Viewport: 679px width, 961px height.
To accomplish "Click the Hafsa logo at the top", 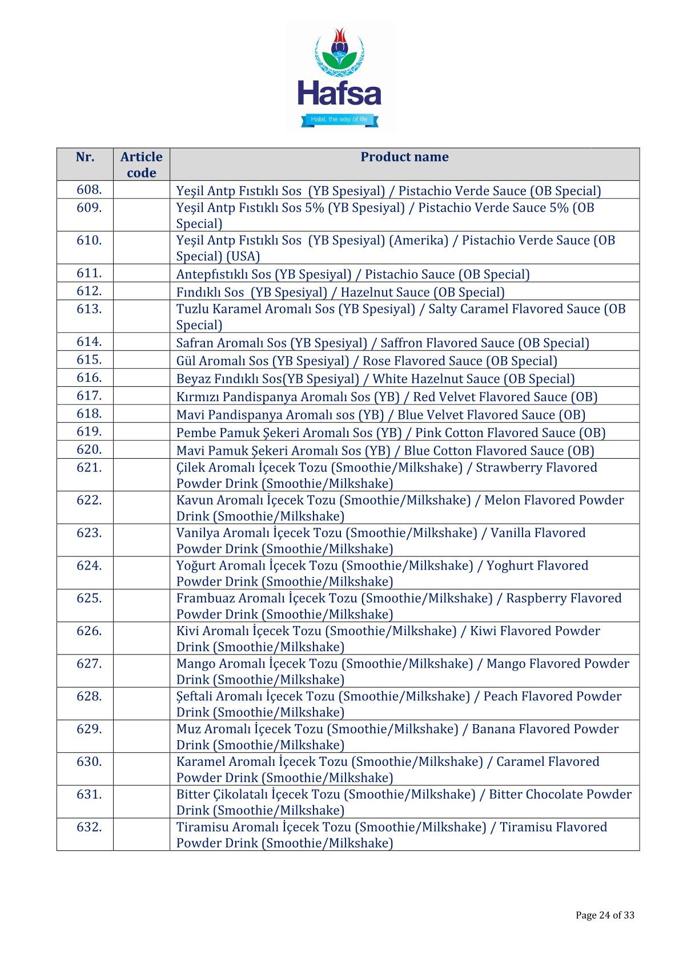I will point(339,77).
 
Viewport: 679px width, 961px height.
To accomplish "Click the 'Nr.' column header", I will point(85,157).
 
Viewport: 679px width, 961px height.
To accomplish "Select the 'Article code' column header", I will point(141,164).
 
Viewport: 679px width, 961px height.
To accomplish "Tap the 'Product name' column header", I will point(404,157).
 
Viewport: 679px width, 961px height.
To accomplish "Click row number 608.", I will point(89,189).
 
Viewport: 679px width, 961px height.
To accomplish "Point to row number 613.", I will point(89,309).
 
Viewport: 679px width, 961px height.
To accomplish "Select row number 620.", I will point(89,449).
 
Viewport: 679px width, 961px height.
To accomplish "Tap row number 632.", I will point(89,826).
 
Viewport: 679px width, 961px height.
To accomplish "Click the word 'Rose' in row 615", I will point(376,361).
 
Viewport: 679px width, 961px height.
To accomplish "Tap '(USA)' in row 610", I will point(243,256).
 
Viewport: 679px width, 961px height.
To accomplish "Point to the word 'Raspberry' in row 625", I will point(535,598).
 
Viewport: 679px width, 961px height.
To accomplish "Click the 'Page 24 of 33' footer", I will point(605,915).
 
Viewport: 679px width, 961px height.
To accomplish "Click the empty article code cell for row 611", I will point(141,273).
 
